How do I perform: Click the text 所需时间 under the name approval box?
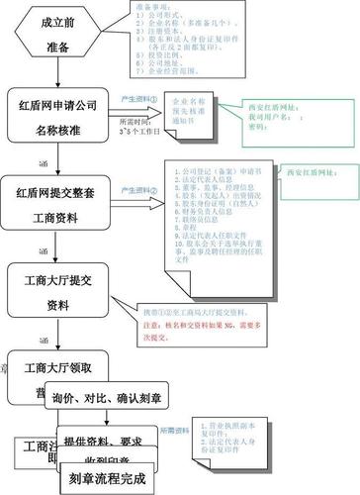tap(135, 148)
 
